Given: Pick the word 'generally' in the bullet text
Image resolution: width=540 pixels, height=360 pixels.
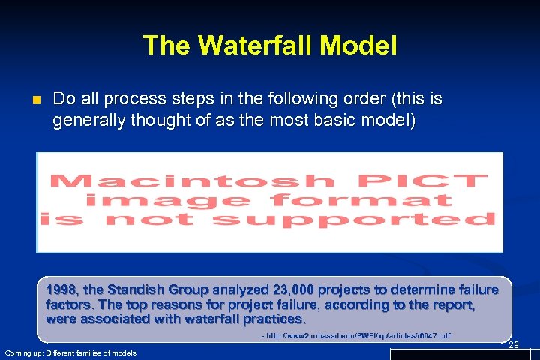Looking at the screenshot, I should [87, 120].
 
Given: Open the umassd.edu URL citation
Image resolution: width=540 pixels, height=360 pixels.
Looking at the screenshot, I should [356, 335].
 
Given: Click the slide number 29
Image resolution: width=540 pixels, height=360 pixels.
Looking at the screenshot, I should [513, 344].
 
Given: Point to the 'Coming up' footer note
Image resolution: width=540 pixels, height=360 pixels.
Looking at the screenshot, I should [70, 352].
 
